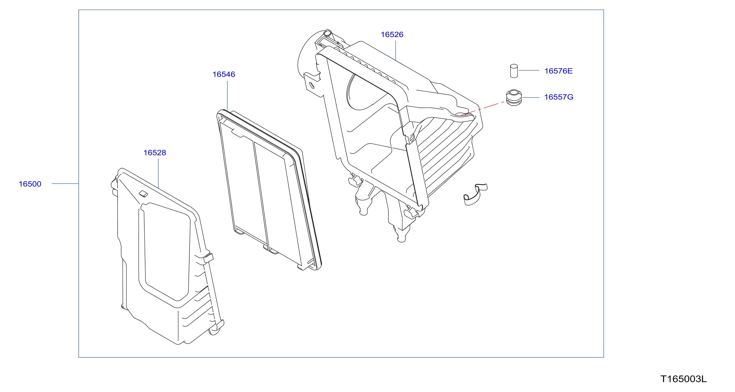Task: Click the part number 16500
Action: (x=30, y=184)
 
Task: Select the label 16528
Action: (x=155, y=153)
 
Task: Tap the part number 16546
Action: (x=224, y=74)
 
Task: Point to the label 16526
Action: (x=392, y=35)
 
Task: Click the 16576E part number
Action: (x=558, y=71)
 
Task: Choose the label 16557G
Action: (x=559, y=97)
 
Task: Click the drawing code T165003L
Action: (x=684, y=379)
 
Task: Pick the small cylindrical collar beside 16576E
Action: (x=514, y=71)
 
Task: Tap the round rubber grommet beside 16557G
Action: (x=514, y=98)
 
